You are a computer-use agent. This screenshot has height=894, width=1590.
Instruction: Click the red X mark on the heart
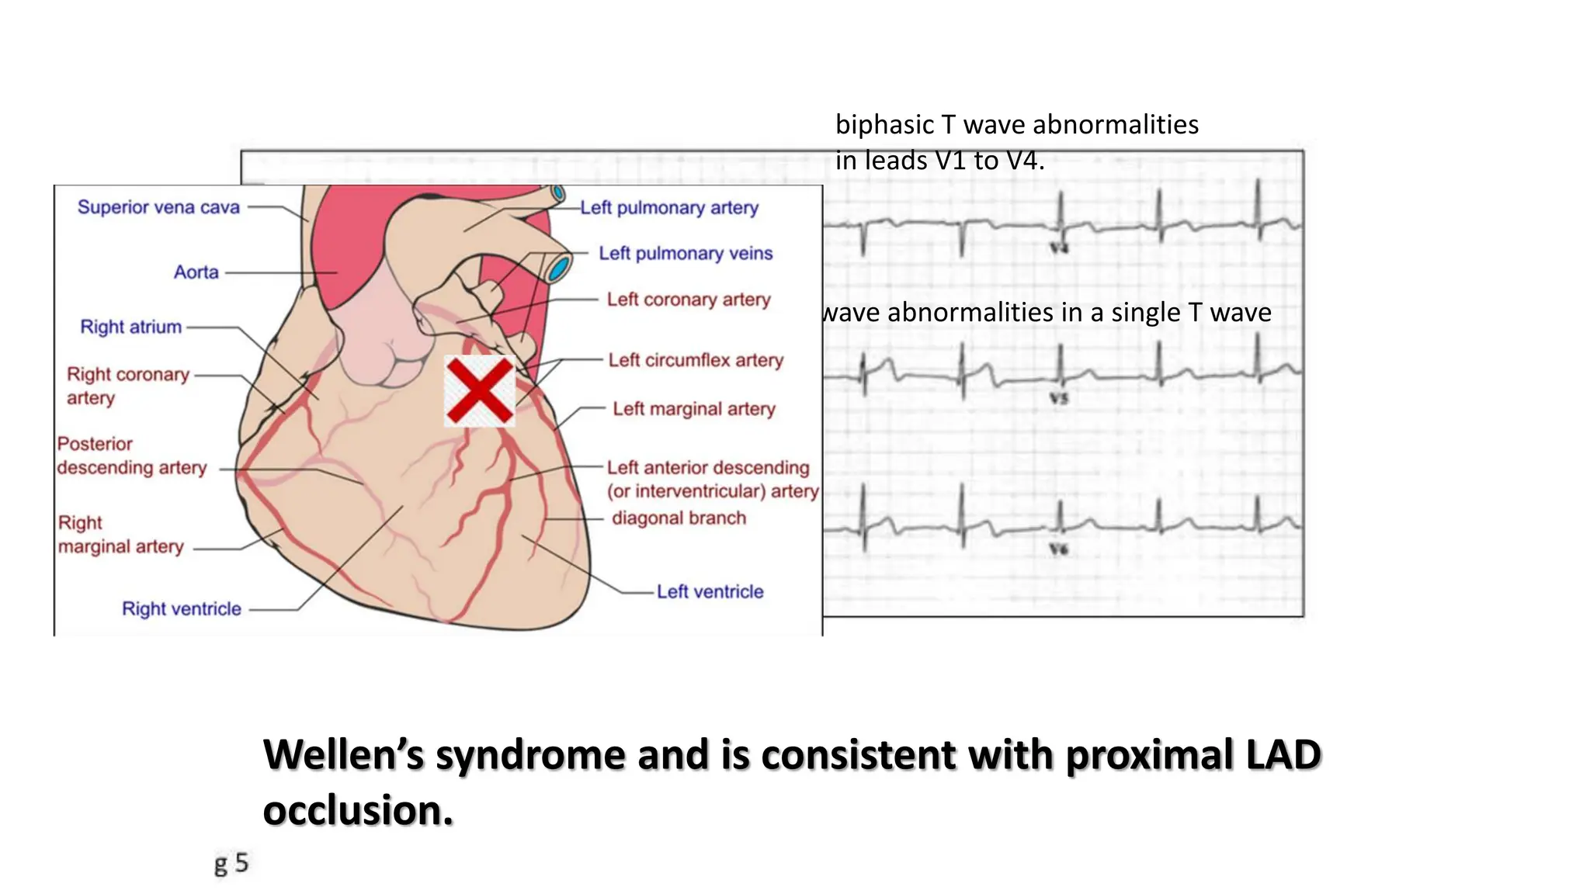coord(479,390)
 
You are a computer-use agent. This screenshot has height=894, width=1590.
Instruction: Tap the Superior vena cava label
coord(158,207)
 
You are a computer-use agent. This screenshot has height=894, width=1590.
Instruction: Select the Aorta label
coord(196,272)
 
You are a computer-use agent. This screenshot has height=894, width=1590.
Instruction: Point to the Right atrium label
coord(130,327)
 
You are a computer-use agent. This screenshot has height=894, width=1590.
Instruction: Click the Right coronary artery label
coord(127,386)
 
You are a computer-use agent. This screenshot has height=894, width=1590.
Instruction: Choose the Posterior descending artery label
coord(131,456)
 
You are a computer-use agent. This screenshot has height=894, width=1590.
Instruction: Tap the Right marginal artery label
coord(120,535)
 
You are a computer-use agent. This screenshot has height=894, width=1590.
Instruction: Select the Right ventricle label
coord(181,609)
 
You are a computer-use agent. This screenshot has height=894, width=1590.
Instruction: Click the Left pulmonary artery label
coord(668,208)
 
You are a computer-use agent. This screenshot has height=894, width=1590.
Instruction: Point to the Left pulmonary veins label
coord(686,253)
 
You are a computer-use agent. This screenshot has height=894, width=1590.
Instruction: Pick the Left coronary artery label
coord(688,300)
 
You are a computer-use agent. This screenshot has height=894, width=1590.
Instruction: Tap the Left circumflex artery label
coord(696,360)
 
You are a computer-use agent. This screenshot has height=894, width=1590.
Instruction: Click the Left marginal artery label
coord(693,409)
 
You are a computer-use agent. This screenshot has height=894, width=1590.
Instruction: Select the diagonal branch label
coord(679,518)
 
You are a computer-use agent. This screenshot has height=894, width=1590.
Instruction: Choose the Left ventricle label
coord(710,591)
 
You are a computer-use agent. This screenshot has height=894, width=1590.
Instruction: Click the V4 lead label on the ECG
coord(1059,248)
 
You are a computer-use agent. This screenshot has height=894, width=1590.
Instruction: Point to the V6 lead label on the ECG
coord(1059,549)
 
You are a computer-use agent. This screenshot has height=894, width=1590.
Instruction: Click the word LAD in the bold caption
coord(1283,755)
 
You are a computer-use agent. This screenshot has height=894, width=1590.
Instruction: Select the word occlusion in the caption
coord(358,811)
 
